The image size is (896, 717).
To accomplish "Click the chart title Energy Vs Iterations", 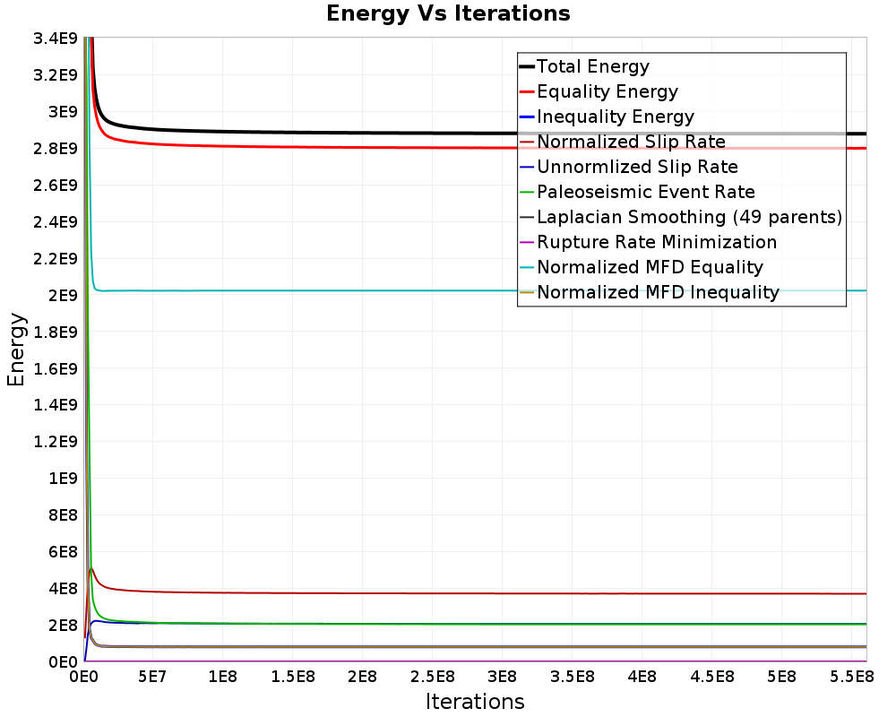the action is (448, 13).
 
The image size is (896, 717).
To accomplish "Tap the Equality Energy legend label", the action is (607, 91).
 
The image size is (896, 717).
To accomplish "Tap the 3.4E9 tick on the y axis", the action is (56, 39).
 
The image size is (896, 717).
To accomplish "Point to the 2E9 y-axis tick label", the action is (63, 296).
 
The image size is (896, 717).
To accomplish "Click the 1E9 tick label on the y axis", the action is (63, 479).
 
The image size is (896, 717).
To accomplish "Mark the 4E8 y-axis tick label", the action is (63, 589).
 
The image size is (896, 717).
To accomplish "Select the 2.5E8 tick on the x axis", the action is (433, 677).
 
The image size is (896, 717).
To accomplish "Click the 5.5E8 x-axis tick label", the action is (852, 677).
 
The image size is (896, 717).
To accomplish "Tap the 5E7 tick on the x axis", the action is (152, 677).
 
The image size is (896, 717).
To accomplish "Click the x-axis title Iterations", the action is (475, 701).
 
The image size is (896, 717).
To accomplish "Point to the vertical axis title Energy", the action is (16, 350).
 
